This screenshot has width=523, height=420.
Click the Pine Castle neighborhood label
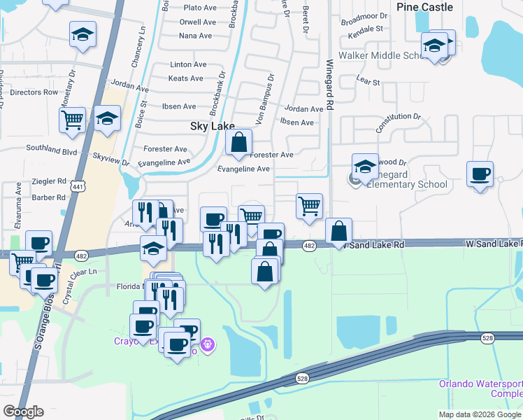point(424,7)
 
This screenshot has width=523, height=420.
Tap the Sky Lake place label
point(211,127)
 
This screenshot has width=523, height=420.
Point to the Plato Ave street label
point(198,8)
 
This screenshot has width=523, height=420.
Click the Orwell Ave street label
point(196,22)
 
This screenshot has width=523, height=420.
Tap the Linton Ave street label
point(188,64)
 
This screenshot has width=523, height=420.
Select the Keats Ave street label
point(185,78)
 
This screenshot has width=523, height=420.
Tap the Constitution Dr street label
point(399,123)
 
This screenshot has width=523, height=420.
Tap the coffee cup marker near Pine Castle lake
point(480,174)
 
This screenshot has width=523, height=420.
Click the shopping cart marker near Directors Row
point(72,120)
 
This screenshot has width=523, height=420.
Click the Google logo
point(24,412)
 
